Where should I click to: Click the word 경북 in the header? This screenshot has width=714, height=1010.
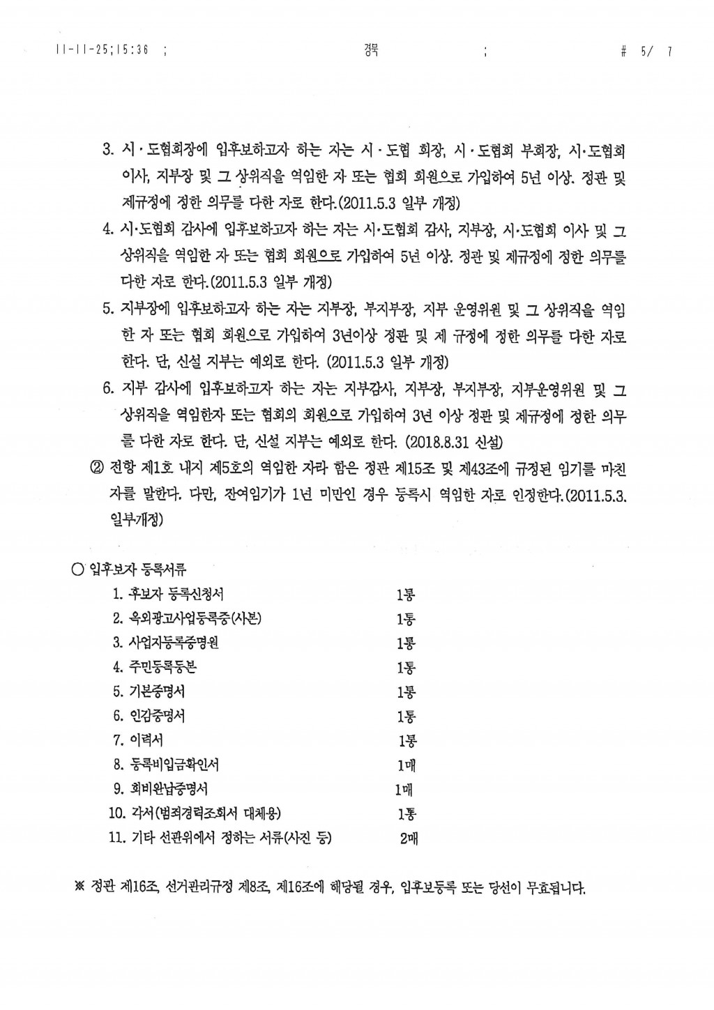(x=367, y=49)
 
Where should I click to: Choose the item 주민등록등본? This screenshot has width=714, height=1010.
(x=163, y=667)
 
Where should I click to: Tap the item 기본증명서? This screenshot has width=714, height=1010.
(x=158, y=691)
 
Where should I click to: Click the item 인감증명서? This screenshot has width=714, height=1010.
(x=158, y=716)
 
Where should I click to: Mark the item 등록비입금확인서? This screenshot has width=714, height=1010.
(x=174, y=765)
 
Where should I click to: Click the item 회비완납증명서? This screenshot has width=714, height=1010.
(x=169, y=789)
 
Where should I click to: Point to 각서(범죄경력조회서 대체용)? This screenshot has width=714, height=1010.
(x=206, y=813)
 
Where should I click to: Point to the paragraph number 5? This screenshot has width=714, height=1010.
(x=107, y=309)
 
